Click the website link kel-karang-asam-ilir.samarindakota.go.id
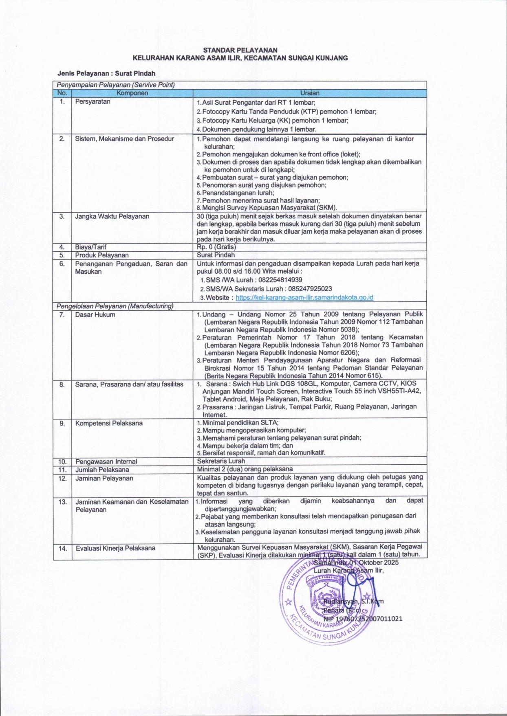pos(304,297)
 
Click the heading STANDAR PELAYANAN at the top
pos(240,50)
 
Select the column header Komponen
pos(132,93)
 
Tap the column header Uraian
pos(310,93)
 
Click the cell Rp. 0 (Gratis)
pos(216,247)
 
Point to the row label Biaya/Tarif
pos(90,247)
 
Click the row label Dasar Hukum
pos(95,314)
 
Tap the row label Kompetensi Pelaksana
pos(109,423)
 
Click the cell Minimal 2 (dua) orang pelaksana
pos(245,469)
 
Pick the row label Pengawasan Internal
pos(106,461)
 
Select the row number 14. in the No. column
pos(62,548)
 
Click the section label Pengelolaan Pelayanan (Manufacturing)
pos(115,306)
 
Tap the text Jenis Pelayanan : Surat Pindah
pos(106,73)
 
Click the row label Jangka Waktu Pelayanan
pos(112,216)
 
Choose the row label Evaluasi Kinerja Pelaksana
pos(115,548)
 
